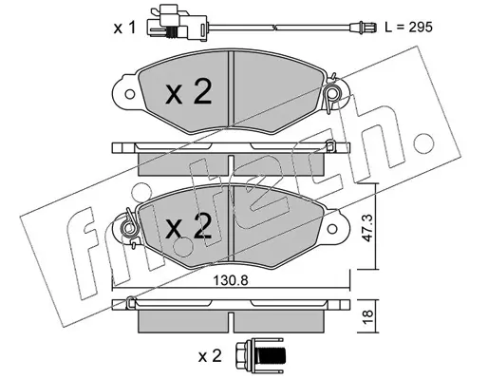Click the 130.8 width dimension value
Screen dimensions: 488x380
point(230,280)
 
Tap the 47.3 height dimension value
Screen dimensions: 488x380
point(366,228)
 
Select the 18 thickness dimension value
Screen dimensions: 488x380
point(367,315)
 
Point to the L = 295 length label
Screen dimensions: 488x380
point(408,28)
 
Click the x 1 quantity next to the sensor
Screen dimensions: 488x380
point(124,28)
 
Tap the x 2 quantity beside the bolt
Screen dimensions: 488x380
point(210,356)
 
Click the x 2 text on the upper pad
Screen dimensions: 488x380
point(189,92)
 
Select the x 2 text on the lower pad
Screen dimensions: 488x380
point(189,225)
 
